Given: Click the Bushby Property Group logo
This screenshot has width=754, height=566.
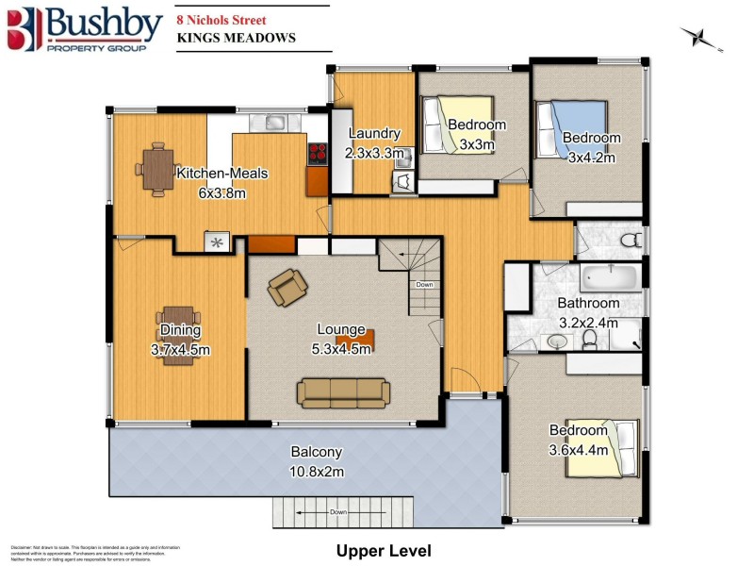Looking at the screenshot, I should [x=83, y=29].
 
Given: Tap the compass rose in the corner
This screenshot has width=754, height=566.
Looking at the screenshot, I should [x=700, y=38].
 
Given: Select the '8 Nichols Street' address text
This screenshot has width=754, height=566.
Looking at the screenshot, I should [x=221, y=20].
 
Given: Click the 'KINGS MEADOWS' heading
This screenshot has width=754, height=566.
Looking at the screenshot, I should [x=237, y=39].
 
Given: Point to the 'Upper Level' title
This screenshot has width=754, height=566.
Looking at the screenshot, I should [x=384, y=550].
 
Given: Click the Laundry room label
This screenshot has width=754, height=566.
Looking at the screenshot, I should [x=375, y=134].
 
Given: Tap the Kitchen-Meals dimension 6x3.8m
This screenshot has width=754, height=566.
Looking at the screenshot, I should [x=221, y=192].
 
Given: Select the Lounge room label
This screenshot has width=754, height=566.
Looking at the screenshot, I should [x=341, y=329].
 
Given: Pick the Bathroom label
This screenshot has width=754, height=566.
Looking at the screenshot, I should [x=588, y=303].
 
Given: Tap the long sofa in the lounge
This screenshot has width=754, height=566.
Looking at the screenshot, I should [x=343, y=392].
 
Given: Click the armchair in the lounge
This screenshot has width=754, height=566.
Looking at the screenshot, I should [x=287, y=287].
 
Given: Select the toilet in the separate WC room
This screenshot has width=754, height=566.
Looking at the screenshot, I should [x=631, y=239].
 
